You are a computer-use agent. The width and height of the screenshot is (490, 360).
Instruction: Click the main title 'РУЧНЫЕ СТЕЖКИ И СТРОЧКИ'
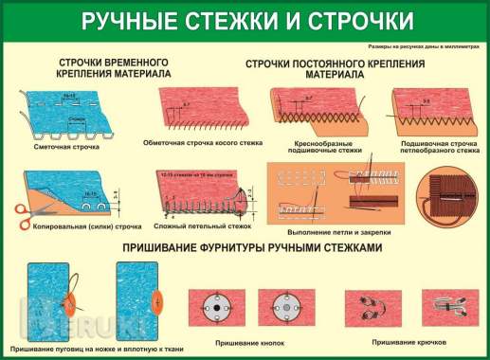(245, 20)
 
